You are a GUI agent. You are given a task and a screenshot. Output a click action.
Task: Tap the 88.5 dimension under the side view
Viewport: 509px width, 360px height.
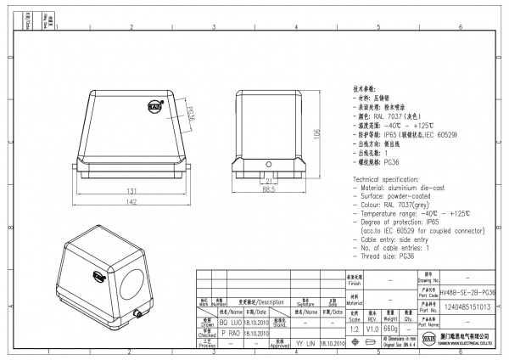point(268,189)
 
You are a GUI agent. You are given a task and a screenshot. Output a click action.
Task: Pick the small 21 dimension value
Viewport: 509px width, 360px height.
point(268,180)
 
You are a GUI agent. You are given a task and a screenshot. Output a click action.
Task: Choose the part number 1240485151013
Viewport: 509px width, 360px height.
point(467,308)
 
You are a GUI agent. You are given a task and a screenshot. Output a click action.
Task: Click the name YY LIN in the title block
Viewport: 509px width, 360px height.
point(305,344)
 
